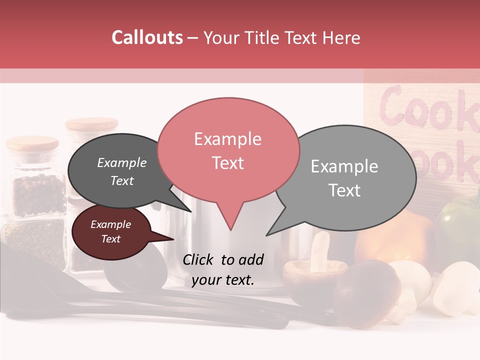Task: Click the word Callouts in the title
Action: (x=147, y=37)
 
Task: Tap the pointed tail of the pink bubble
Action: (x=230, y=225)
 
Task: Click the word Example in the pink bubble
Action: (x=227, y=139)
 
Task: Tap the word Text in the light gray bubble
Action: (x=345, y=190)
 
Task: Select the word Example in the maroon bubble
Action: (x=110, y=224)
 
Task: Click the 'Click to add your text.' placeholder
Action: (x=223, y=270)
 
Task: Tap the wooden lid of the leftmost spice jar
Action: (x=32, y=143)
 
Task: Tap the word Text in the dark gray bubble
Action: (x=121, y=180)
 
